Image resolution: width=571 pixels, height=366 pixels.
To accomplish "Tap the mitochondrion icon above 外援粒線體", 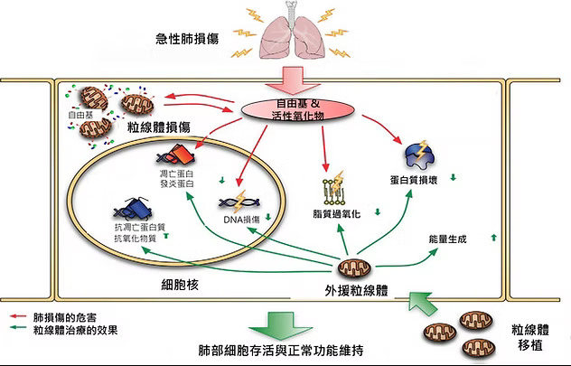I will pos(352,267).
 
